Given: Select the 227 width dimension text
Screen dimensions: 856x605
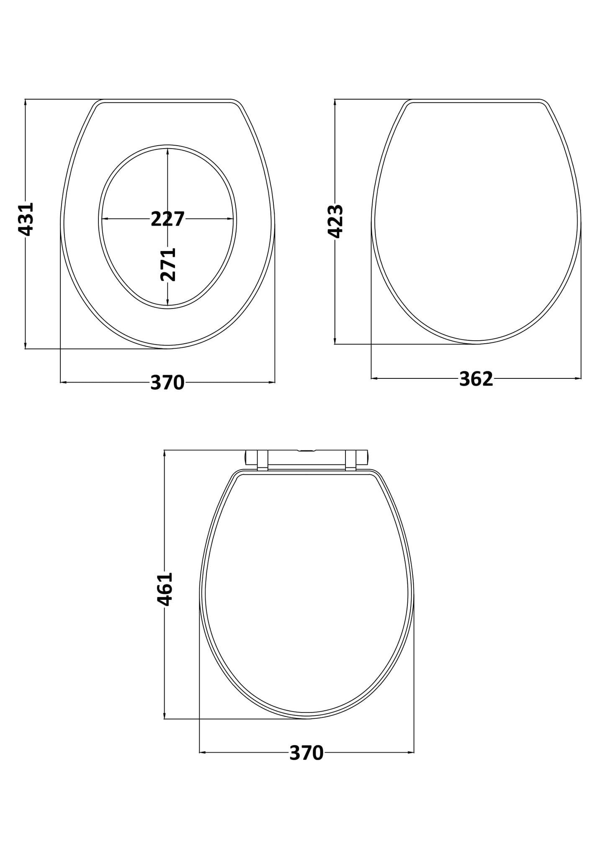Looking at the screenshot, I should click(x=167, y=219).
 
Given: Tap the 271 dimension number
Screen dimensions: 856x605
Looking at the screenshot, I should click(x=168, y=264).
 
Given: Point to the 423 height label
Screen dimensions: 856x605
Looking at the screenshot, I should click(x=335, y=221).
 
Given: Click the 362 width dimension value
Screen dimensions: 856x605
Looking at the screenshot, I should click(x=476, y=379).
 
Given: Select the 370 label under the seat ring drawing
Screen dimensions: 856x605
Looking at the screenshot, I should click(x=167, y=383).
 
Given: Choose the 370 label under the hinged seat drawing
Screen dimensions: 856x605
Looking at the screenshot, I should click(x=306, y=753).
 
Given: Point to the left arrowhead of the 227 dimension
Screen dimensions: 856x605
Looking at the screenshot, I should click(x=105, y=218).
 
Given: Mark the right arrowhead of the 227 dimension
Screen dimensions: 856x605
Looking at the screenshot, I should click(x=230, y=218).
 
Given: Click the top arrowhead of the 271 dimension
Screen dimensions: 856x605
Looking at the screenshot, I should click(x=167, y=151).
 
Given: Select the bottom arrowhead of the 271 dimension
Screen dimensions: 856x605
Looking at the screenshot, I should click(x=167, y=303).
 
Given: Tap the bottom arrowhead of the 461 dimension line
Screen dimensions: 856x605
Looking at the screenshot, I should click(x=165, y=716).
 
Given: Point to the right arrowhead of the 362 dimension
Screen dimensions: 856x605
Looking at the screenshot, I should click(x=578, y=378).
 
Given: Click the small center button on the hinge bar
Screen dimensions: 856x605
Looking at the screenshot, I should click(x=306, y=451).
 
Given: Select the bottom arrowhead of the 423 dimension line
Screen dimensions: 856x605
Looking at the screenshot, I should click(x=335, y=341).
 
